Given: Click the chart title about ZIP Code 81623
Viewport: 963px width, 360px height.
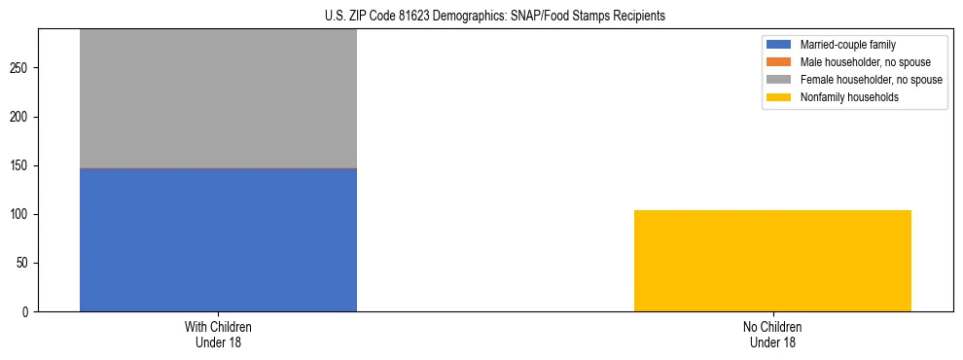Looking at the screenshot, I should click(495, 17).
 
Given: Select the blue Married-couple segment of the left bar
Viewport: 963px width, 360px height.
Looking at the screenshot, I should click(218, 239).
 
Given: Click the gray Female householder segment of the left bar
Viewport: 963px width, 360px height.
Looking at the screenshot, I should click(218, 97).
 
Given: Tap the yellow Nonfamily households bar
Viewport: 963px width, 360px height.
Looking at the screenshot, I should click(772, 261).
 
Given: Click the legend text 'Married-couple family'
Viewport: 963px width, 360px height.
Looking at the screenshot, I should click(847, 45).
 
